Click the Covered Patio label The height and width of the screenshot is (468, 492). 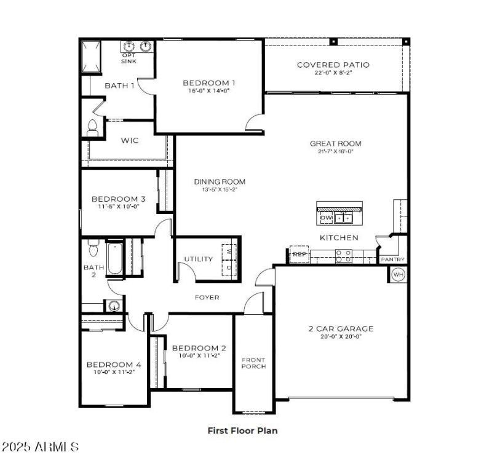coord(333,65)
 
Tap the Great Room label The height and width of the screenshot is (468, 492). coord(335,144)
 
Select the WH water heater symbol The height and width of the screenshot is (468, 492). coord(399,274)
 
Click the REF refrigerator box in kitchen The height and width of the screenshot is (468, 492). coord(299,254)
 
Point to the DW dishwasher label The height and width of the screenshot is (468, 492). coord(326,217)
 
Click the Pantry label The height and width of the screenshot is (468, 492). coord(392,260)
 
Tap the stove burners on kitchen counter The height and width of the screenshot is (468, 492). coord(343,255)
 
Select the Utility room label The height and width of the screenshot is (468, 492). coord(199,259)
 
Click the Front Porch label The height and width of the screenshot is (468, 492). coord(253,363)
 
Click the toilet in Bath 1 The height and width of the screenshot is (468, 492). coord(93,127)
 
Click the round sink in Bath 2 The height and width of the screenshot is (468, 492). coord(113,305)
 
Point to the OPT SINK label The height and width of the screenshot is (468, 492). coord(129,58)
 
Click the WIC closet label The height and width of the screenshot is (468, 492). coord(129,141)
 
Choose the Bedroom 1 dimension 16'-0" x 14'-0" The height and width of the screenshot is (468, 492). coord(209,90)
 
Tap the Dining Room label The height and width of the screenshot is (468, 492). coord(220,181)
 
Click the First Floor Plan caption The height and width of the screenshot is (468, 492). coord(242,430)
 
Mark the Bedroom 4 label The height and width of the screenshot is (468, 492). coord(113,365)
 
